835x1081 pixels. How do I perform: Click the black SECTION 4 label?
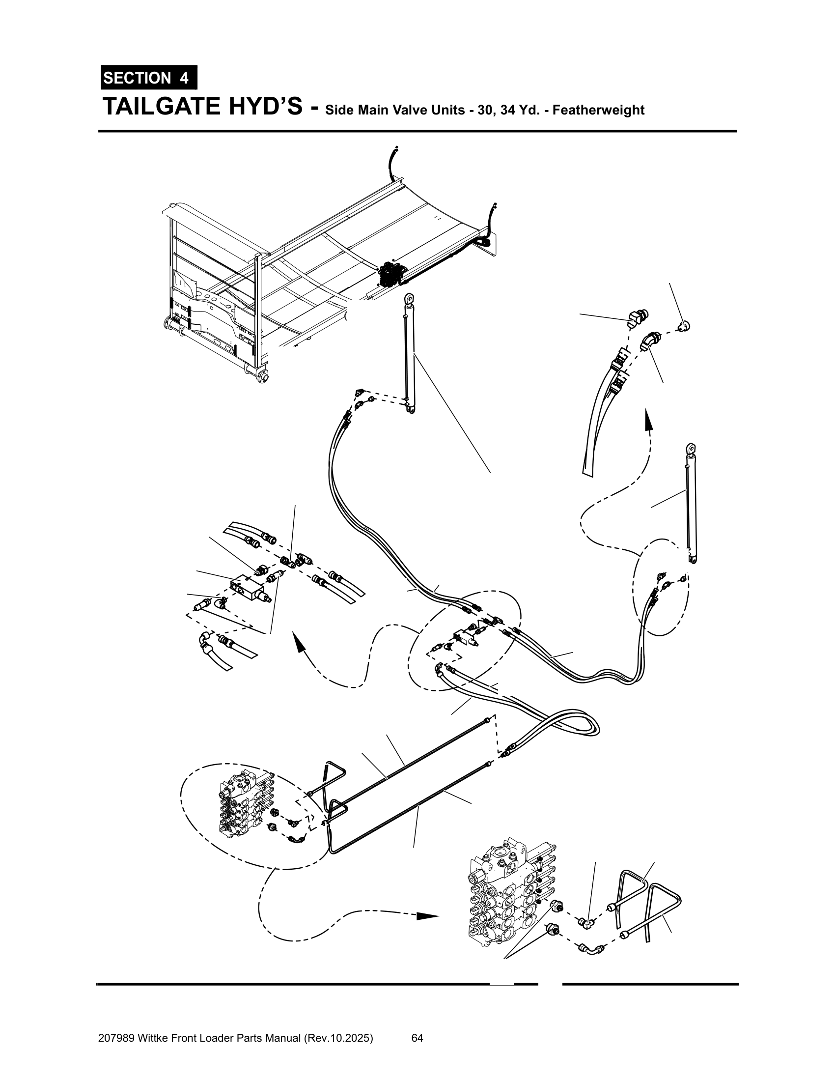148,78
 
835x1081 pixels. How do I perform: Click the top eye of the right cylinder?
691,449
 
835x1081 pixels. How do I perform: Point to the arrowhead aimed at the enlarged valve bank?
427,916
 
